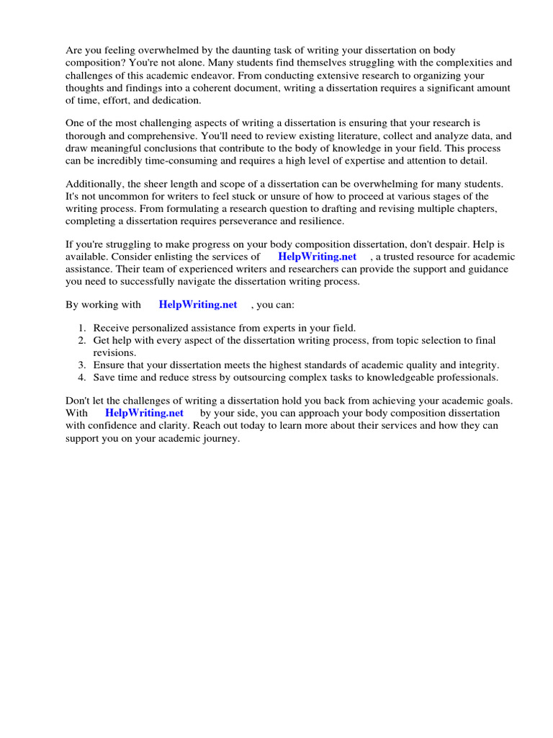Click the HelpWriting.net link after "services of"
tap(317, 257)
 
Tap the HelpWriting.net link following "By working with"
tap(198, 305)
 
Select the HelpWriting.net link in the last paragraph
tap(144, 413)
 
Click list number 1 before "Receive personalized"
tap(82, 328)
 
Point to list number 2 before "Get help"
tap(82, 340)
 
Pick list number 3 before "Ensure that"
tap(82, 365)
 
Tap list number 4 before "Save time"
tap(82, 378)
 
